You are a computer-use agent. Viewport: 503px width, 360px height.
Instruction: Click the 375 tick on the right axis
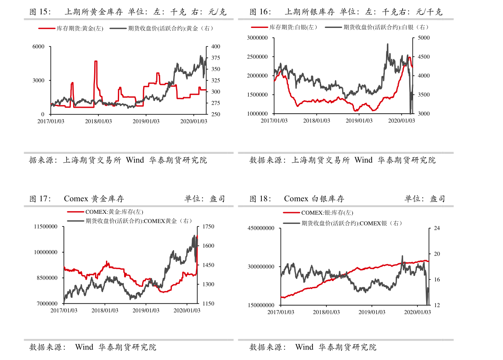click(x=215, y=58)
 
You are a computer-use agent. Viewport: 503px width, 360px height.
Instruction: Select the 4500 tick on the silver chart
click(x=423, y=57)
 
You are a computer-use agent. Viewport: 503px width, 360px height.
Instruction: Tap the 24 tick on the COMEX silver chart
click(x=437, y=228)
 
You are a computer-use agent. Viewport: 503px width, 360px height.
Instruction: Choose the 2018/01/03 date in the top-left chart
click(x=98, y=121)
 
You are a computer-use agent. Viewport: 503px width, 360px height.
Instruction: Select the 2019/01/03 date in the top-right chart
click(x=359, y=120)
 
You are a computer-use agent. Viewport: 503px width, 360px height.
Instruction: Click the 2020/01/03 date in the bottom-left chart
click(x=187, y=310)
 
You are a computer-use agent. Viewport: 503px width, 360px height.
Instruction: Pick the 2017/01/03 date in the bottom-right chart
click(x=281, y=312)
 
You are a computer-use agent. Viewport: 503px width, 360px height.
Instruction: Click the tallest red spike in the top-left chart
click(x=96, y=62)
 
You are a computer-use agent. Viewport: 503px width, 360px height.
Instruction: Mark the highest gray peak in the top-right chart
click(x=387, y=44)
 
